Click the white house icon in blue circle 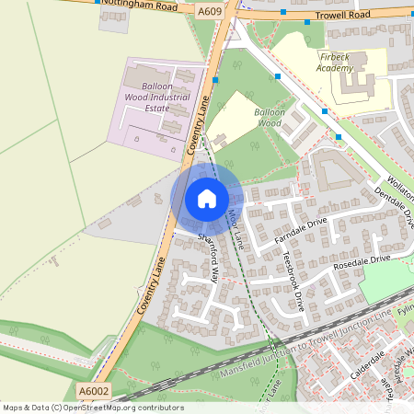[x=206, y=198]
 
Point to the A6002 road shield [x=94, y=392]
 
